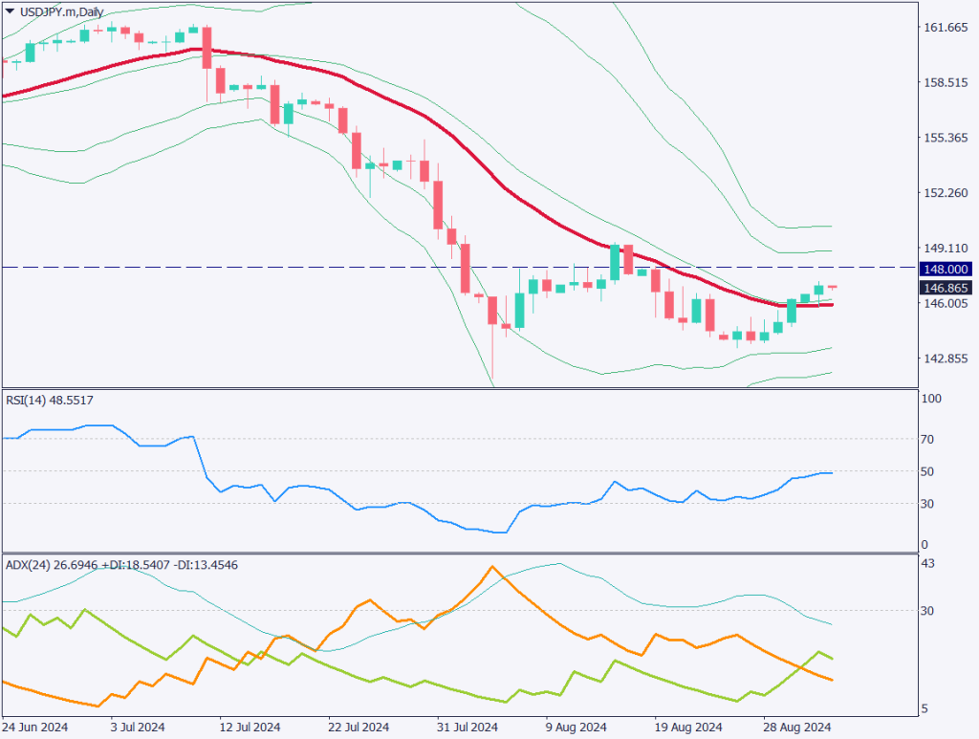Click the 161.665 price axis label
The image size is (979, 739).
(x=946, y=28)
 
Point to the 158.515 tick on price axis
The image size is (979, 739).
(x=946, y=83)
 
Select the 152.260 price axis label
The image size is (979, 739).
(x=946, y=193)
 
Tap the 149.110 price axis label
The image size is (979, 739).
(x=946, y=248)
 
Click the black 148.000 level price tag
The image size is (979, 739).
(x=946, y=269)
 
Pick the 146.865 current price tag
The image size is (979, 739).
(x=946, y=287)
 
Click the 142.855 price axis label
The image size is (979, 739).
(x=946, y=359)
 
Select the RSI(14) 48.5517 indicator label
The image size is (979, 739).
(x=49, y=400)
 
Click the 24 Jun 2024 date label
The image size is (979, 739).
(x=34, y=727)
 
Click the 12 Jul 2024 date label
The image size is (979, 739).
(x=250, y=727)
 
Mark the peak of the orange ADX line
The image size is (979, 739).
(x=492, y=567)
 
